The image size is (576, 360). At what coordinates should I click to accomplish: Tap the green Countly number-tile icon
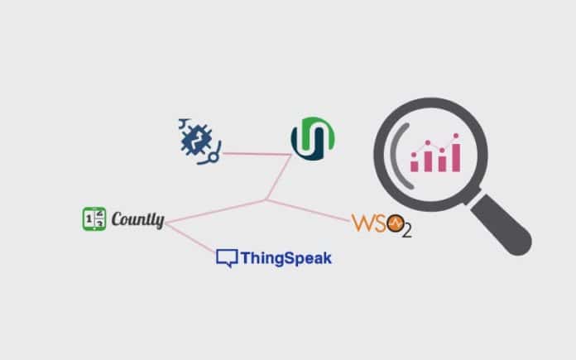(x=94, y=218)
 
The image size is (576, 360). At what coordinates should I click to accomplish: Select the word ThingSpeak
(x=286, y=258)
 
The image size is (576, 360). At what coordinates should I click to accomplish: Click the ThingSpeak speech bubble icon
(x=226, y=257)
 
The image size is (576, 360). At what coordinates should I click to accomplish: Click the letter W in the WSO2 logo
(x=364, y=223)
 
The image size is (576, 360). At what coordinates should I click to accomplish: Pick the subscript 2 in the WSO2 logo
(x=406, y=231)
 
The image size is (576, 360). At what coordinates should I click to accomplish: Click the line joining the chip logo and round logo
(x=257, y=153)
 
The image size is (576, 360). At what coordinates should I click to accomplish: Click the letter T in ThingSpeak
(x=246, y=257)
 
